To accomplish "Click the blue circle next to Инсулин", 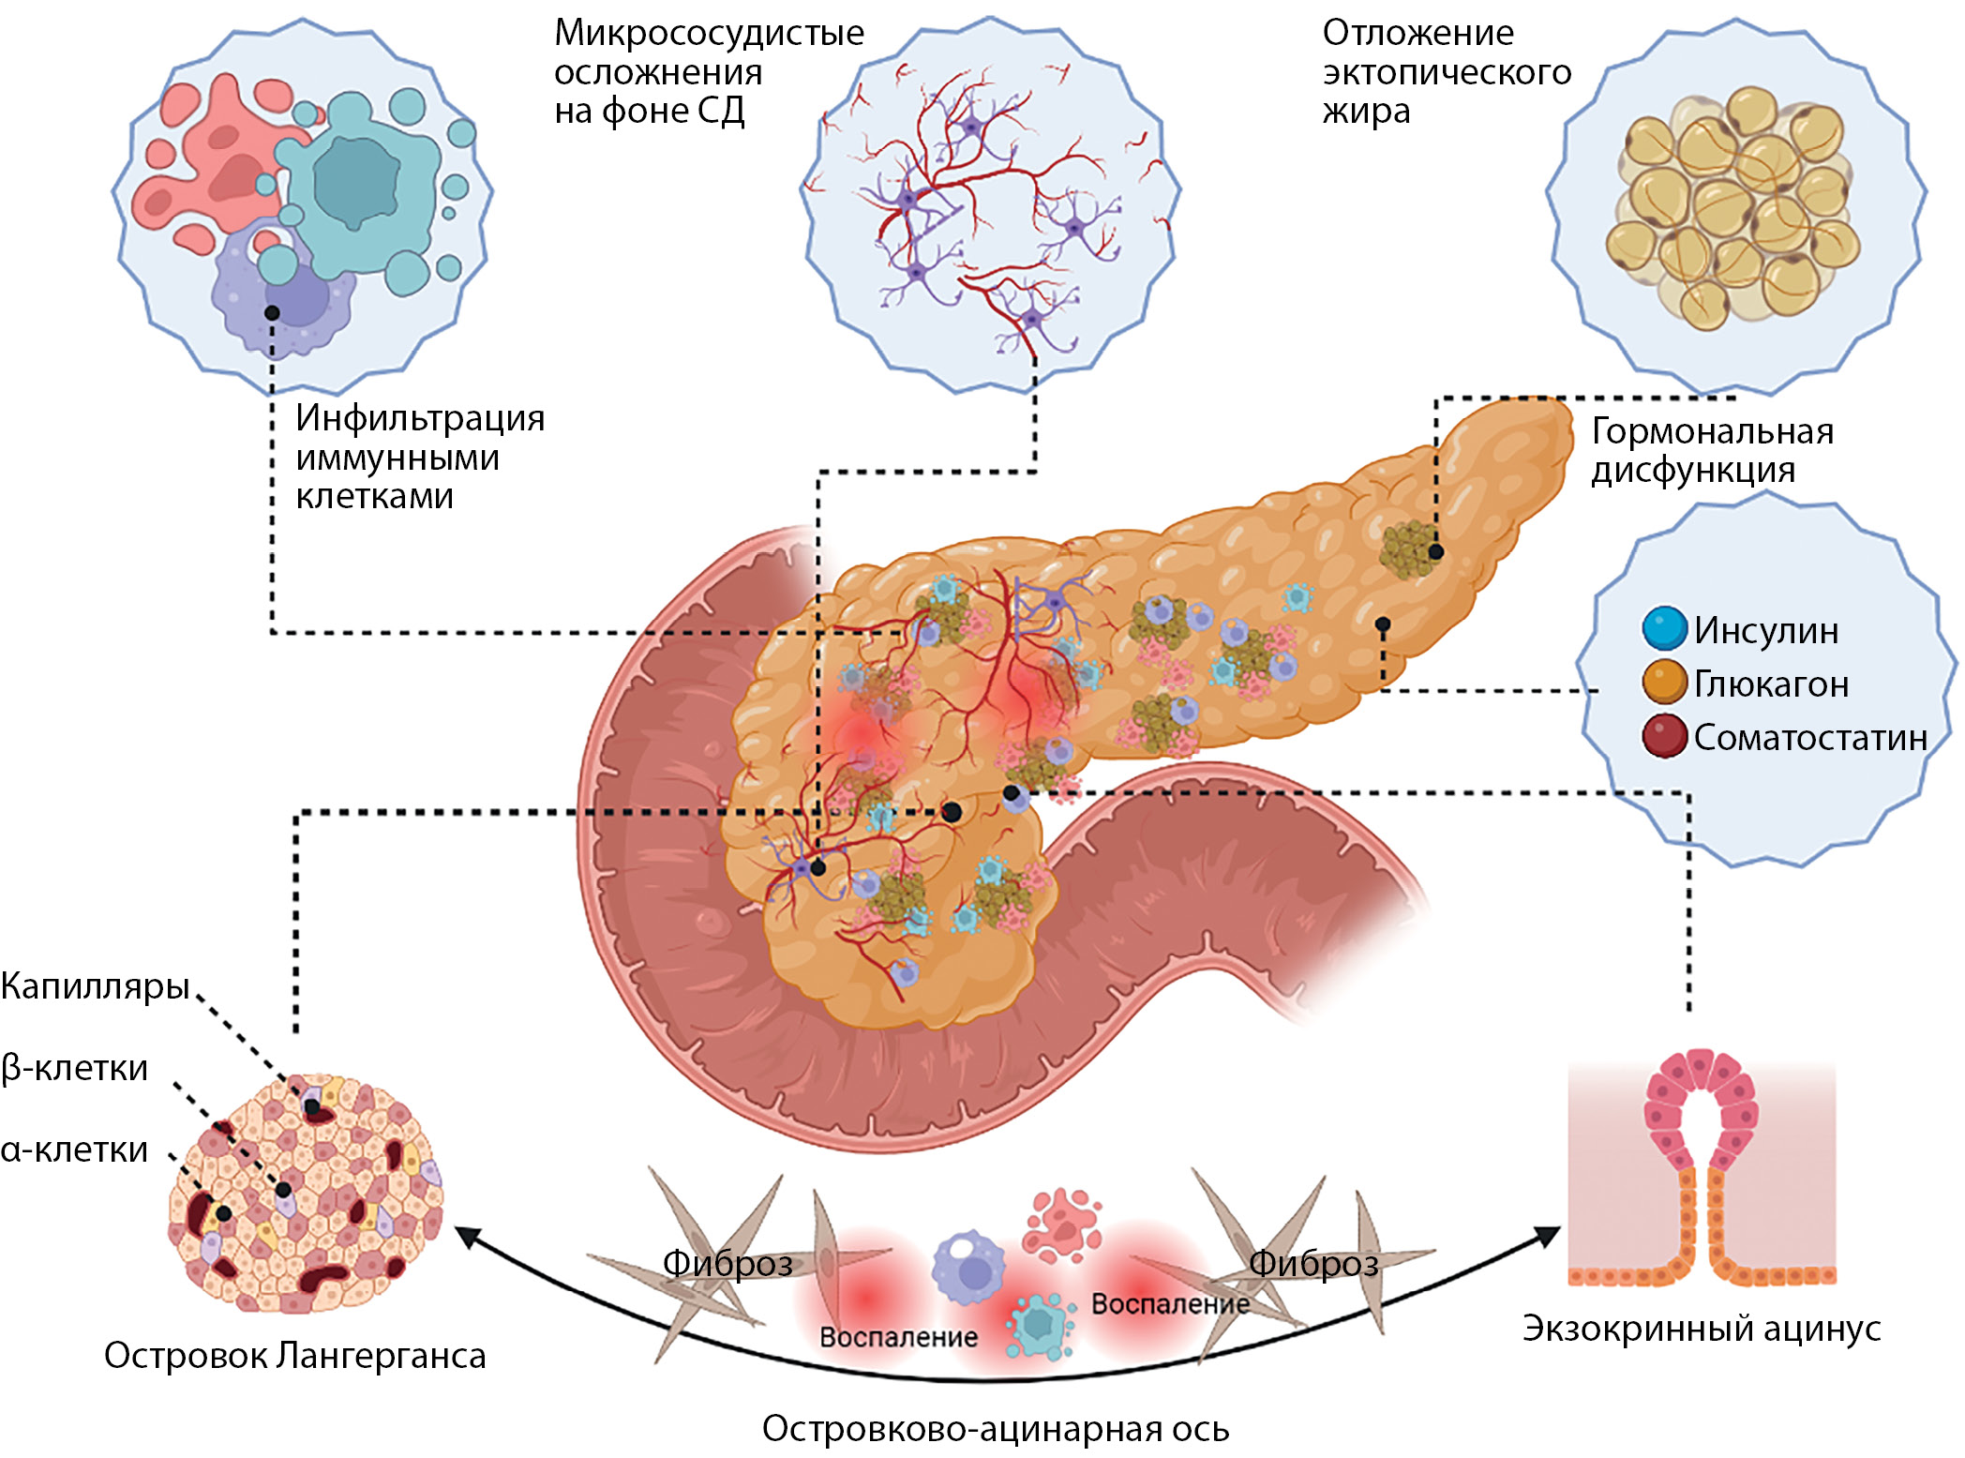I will point(1665,628).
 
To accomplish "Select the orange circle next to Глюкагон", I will point(1665,683).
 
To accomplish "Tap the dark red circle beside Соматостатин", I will point(1665,737).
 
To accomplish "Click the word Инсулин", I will point(1766,630).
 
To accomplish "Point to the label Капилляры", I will point(96,986).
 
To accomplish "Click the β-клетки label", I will point(75,1068).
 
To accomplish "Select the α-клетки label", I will point(75,1150).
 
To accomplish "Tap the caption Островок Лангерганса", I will point(294,1356).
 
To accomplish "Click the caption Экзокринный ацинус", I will point(1702,1329).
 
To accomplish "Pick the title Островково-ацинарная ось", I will point(996,1429).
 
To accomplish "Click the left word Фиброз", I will point(727,1264).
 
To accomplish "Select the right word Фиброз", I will point(1313,1264).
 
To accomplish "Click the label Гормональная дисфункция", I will point(1712,450).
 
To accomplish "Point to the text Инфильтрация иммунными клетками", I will point(419,457).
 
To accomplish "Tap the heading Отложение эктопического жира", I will point(1446,72).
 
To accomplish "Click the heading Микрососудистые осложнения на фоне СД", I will point(709,72).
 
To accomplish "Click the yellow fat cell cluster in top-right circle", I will point(1732,208).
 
